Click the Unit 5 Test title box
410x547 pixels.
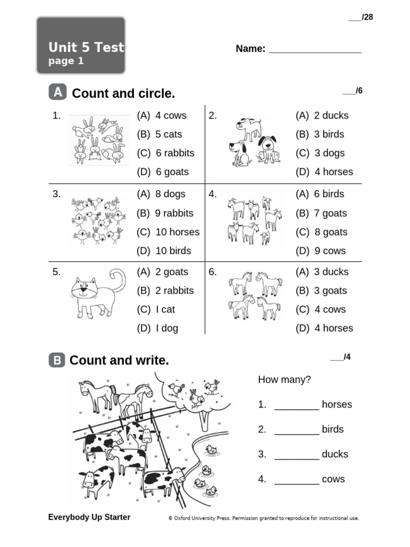click(x=81, y=46)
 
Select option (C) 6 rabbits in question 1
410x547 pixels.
click(x=165, y=153)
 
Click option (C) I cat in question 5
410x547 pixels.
click(x=156, y=310)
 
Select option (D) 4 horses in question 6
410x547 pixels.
click(x=324, y=329)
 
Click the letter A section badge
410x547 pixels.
click(x=58, y=93)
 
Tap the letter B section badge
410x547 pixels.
click(x=57, y=361)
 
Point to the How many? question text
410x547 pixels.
click(x=284, y=380)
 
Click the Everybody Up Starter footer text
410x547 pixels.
click(x=89, y=517)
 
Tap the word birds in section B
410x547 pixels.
click(x=333, y=429)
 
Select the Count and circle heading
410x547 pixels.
click(x=123, y=94)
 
